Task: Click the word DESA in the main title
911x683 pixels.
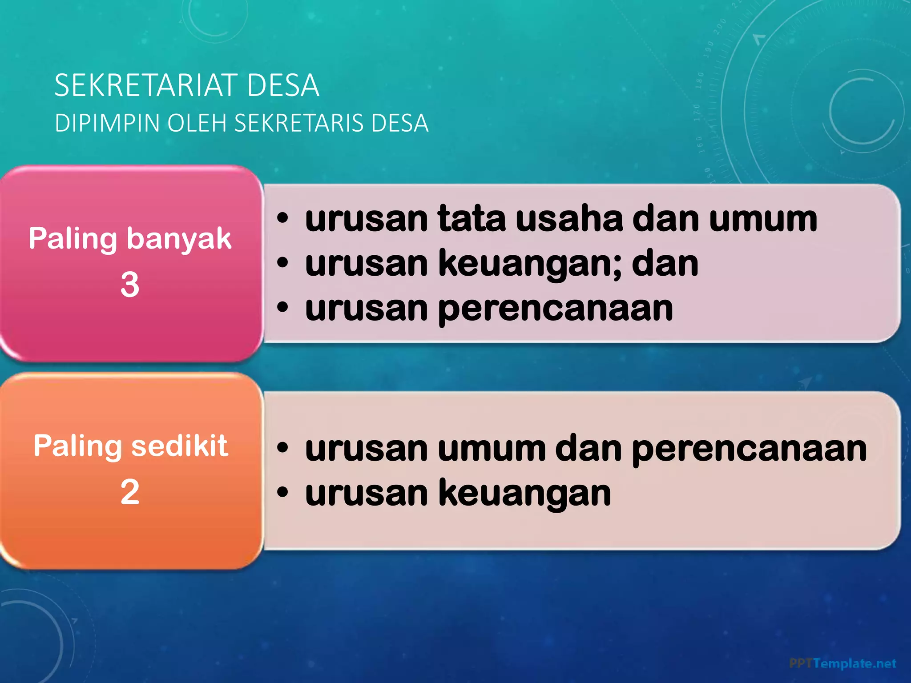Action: coord(283,85)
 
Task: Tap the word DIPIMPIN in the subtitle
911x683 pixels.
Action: coord(107,123)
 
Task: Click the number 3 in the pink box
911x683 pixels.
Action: coord(130,285)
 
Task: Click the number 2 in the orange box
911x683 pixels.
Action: coord(130,492)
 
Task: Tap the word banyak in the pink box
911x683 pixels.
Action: coord(179,239)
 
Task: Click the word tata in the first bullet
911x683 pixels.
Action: coord(472,219)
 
